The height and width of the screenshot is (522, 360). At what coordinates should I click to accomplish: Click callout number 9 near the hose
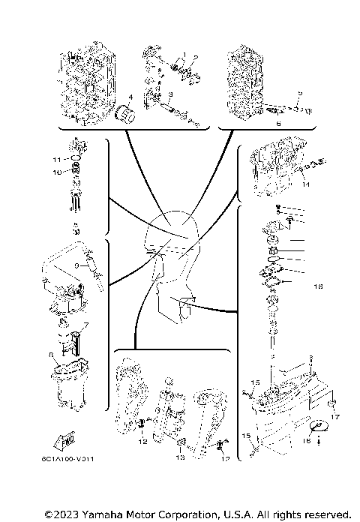point(76,265)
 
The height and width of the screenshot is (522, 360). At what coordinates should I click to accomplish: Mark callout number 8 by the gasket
point(51,355)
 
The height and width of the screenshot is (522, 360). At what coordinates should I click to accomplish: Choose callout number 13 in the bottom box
point(180,457)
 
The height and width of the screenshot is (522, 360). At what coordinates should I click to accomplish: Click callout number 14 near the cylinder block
point(306,184)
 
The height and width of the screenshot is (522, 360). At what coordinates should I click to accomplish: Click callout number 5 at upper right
point(299,93)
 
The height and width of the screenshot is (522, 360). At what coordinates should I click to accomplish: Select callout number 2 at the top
point(196,57)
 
